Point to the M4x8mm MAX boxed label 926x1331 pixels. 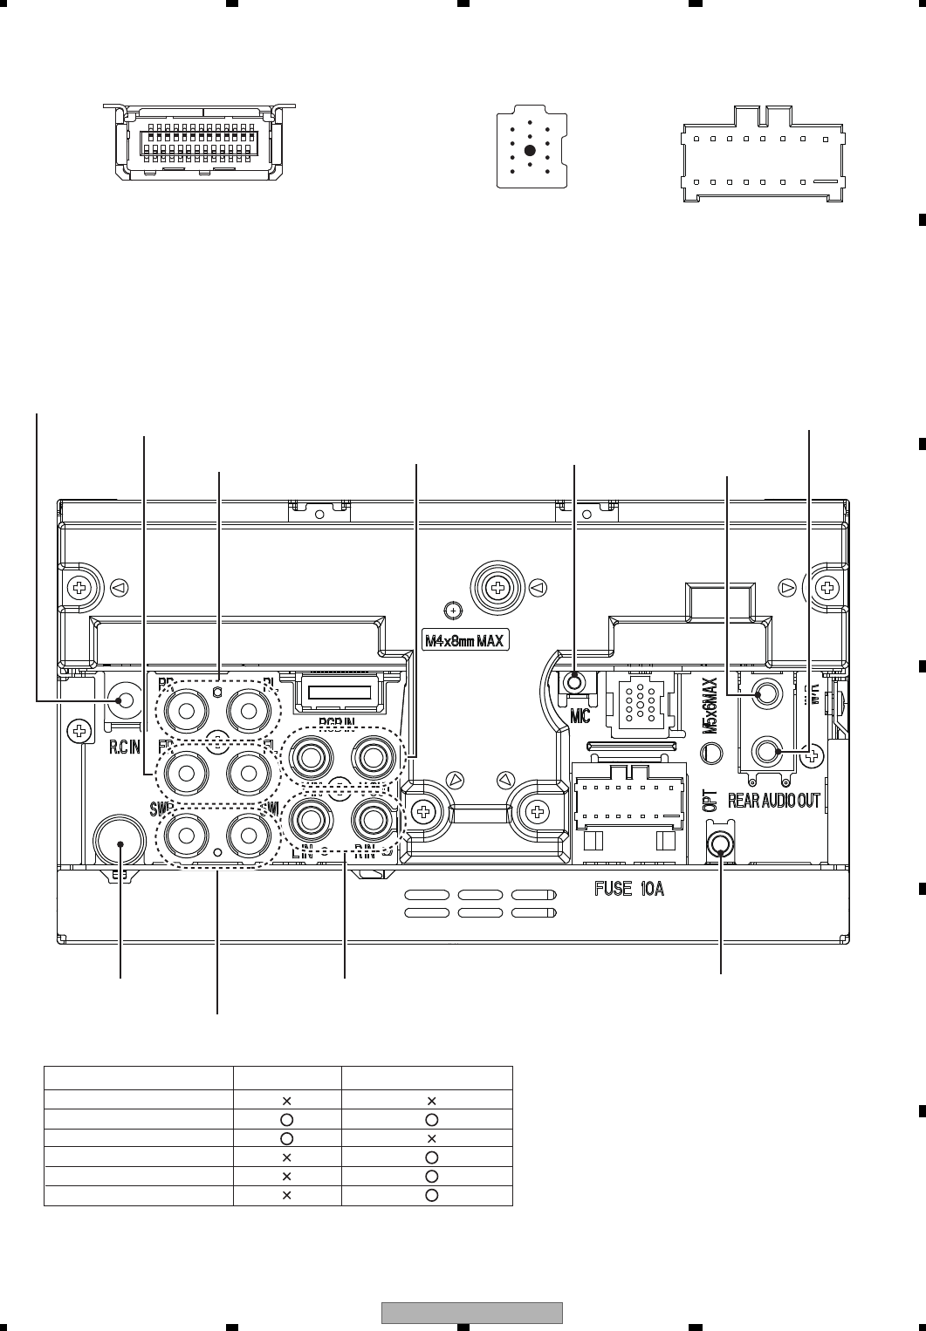(464, 641)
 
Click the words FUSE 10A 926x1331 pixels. (629, 891)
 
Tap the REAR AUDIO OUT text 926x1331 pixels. (774, 801)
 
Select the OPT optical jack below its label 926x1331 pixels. (721, 844)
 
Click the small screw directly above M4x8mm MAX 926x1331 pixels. (452, 610)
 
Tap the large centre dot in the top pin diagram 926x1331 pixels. (530, 150)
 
